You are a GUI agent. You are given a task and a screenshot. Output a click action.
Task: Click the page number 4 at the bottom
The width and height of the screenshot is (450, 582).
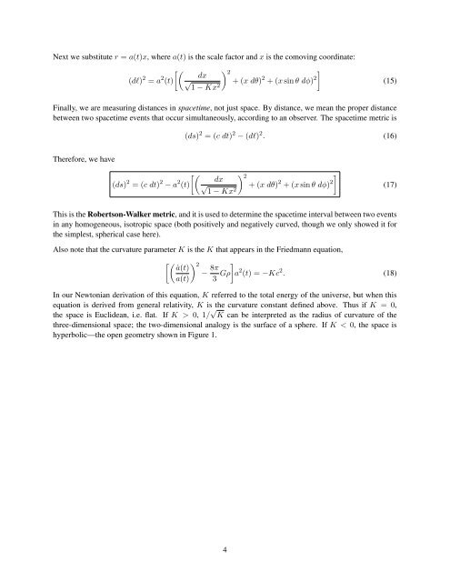pos(225,549)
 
